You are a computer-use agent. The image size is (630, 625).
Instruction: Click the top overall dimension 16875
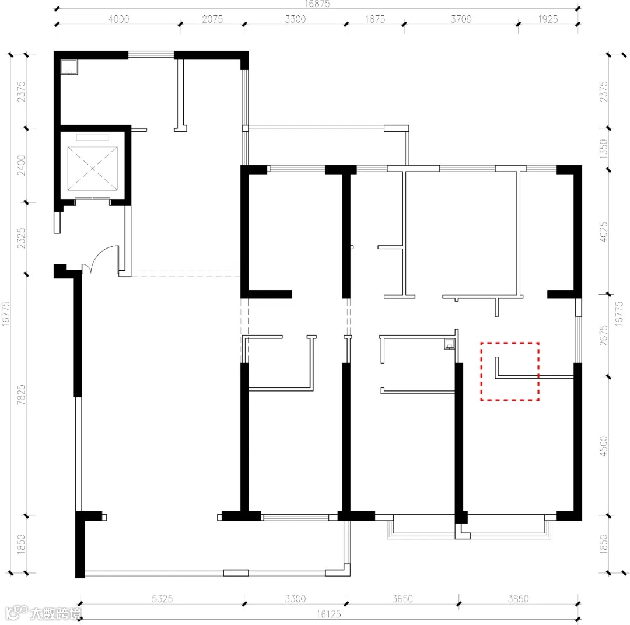pos(317,4)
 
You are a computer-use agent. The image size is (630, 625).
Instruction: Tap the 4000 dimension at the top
pos(118,19)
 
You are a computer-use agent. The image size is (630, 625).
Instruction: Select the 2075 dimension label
pos(212,19)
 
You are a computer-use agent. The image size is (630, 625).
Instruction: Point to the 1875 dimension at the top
pos(375,19)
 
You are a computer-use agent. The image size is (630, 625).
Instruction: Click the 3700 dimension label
pos(461,19)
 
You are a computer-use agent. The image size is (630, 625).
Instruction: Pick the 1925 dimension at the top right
pos(548,19)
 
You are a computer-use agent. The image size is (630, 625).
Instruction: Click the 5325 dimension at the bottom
pos(162,599)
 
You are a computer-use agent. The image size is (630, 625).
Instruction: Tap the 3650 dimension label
pos(402,599)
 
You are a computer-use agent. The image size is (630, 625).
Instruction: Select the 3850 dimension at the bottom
pos(518,599)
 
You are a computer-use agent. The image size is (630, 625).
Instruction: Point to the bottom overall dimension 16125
pos(328,614)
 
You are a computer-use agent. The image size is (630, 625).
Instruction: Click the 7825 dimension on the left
pos(21,394)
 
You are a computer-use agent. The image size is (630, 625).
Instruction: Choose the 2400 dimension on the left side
pos(21,165)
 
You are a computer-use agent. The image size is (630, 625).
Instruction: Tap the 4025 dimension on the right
pos(604,232)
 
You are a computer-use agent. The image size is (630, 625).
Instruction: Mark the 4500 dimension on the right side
pos(604,446)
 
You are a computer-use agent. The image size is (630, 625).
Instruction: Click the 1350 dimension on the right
pos(604,149)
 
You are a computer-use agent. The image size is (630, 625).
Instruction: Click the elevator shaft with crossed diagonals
pos(92,169)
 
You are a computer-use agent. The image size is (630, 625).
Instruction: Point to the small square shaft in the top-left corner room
pos(69,67)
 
